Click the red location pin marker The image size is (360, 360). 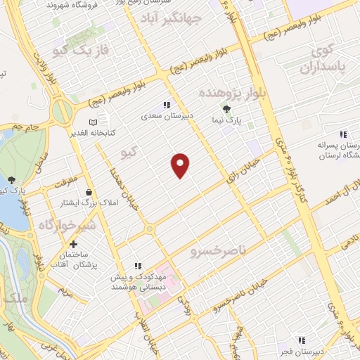pyautogui.click(x=181, y=165)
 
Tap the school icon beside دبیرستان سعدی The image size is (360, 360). pyautogui.click(x=167, y=105)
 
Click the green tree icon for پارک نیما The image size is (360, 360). pyautogui.click(x=226, y=109)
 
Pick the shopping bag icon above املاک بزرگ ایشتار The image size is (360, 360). pyautogui.click(x=89, y=192)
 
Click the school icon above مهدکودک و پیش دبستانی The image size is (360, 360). pyautogui.click(x=139, y=266)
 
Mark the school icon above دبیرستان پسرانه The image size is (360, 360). pyautogui.click(x=343, y=134)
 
